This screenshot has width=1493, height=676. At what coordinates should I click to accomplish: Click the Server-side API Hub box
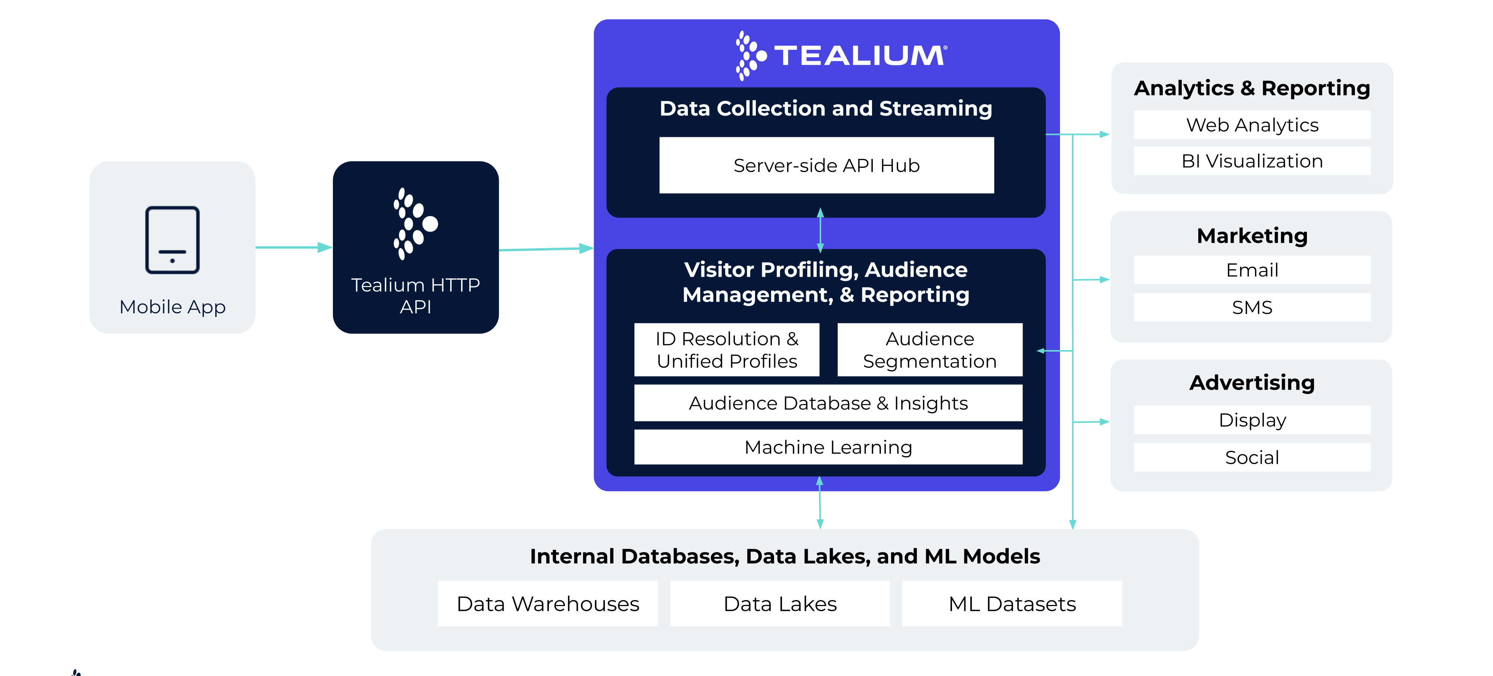tap(826, 165)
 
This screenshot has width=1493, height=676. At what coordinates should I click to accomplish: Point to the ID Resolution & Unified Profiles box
tap(727, 350)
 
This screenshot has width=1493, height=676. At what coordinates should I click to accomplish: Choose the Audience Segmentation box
tap(930, 350)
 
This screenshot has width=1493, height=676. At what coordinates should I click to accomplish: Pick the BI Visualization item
tap(1252, 161)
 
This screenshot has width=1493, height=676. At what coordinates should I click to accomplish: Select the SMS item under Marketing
tap(1252, 307)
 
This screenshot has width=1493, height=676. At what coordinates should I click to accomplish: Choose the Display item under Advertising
tap(1252, 420)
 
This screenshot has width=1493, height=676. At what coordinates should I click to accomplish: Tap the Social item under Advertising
tap(1252, 457)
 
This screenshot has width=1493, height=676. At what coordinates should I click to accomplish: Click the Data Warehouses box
tap(548, 603)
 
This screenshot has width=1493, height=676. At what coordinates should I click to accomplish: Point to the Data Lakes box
tap(780, 603)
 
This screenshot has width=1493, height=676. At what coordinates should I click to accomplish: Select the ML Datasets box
tap(1012, 603)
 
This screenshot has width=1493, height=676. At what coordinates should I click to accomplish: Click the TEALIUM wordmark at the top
tap(860, 56)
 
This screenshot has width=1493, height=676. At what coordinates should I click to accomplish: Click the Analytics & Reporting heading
tap(1252, 88)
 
